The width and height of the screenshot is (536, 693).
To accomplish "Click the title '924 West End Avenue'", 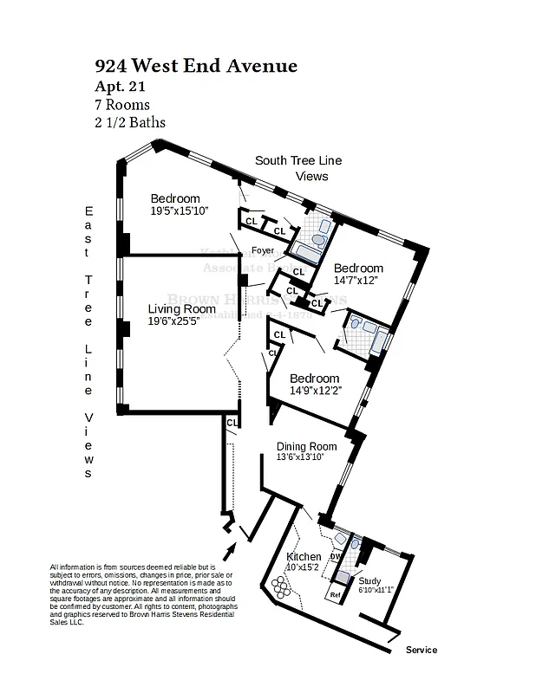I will coord(195,66).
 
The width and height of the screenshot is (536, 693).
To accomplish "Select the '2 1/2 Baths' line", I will coord(130,122).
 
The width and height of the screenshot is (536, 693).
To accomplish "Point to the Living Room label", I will coord(181,308).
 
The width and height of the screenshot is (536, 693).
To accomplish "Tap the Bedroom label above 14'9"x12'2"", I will coord(314,379).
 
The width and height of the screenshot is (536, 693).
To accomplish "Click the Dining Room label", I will coord(306,446).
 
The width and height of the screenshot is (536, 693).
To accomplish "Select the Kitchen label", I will coord(304,556).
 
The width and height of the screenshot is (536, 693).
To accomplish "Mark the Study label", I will coord(370,581).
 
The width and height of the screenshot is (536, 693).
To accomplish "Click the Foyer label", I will coord(263,251).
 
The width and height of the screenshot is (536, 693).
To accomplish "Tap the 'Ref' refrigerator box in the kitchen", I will coord(335,596).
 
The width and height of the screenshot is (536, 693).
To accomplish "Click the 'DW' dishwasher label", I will coord(335,556).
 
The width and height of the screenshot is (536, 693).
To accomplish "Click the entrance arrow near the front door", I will coord(231,551).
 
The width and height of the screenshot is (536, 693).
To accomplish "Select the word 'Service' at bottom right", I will coord(422,650).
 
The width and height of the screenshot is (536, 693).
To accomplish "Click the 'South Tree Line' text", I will coord(297,160).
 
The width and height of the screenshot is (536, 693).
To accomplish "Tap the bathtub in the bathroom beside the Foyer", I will coord(308,252).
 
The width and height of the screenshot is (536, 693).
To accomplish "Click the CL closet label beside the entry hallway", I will coord(232,422).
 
